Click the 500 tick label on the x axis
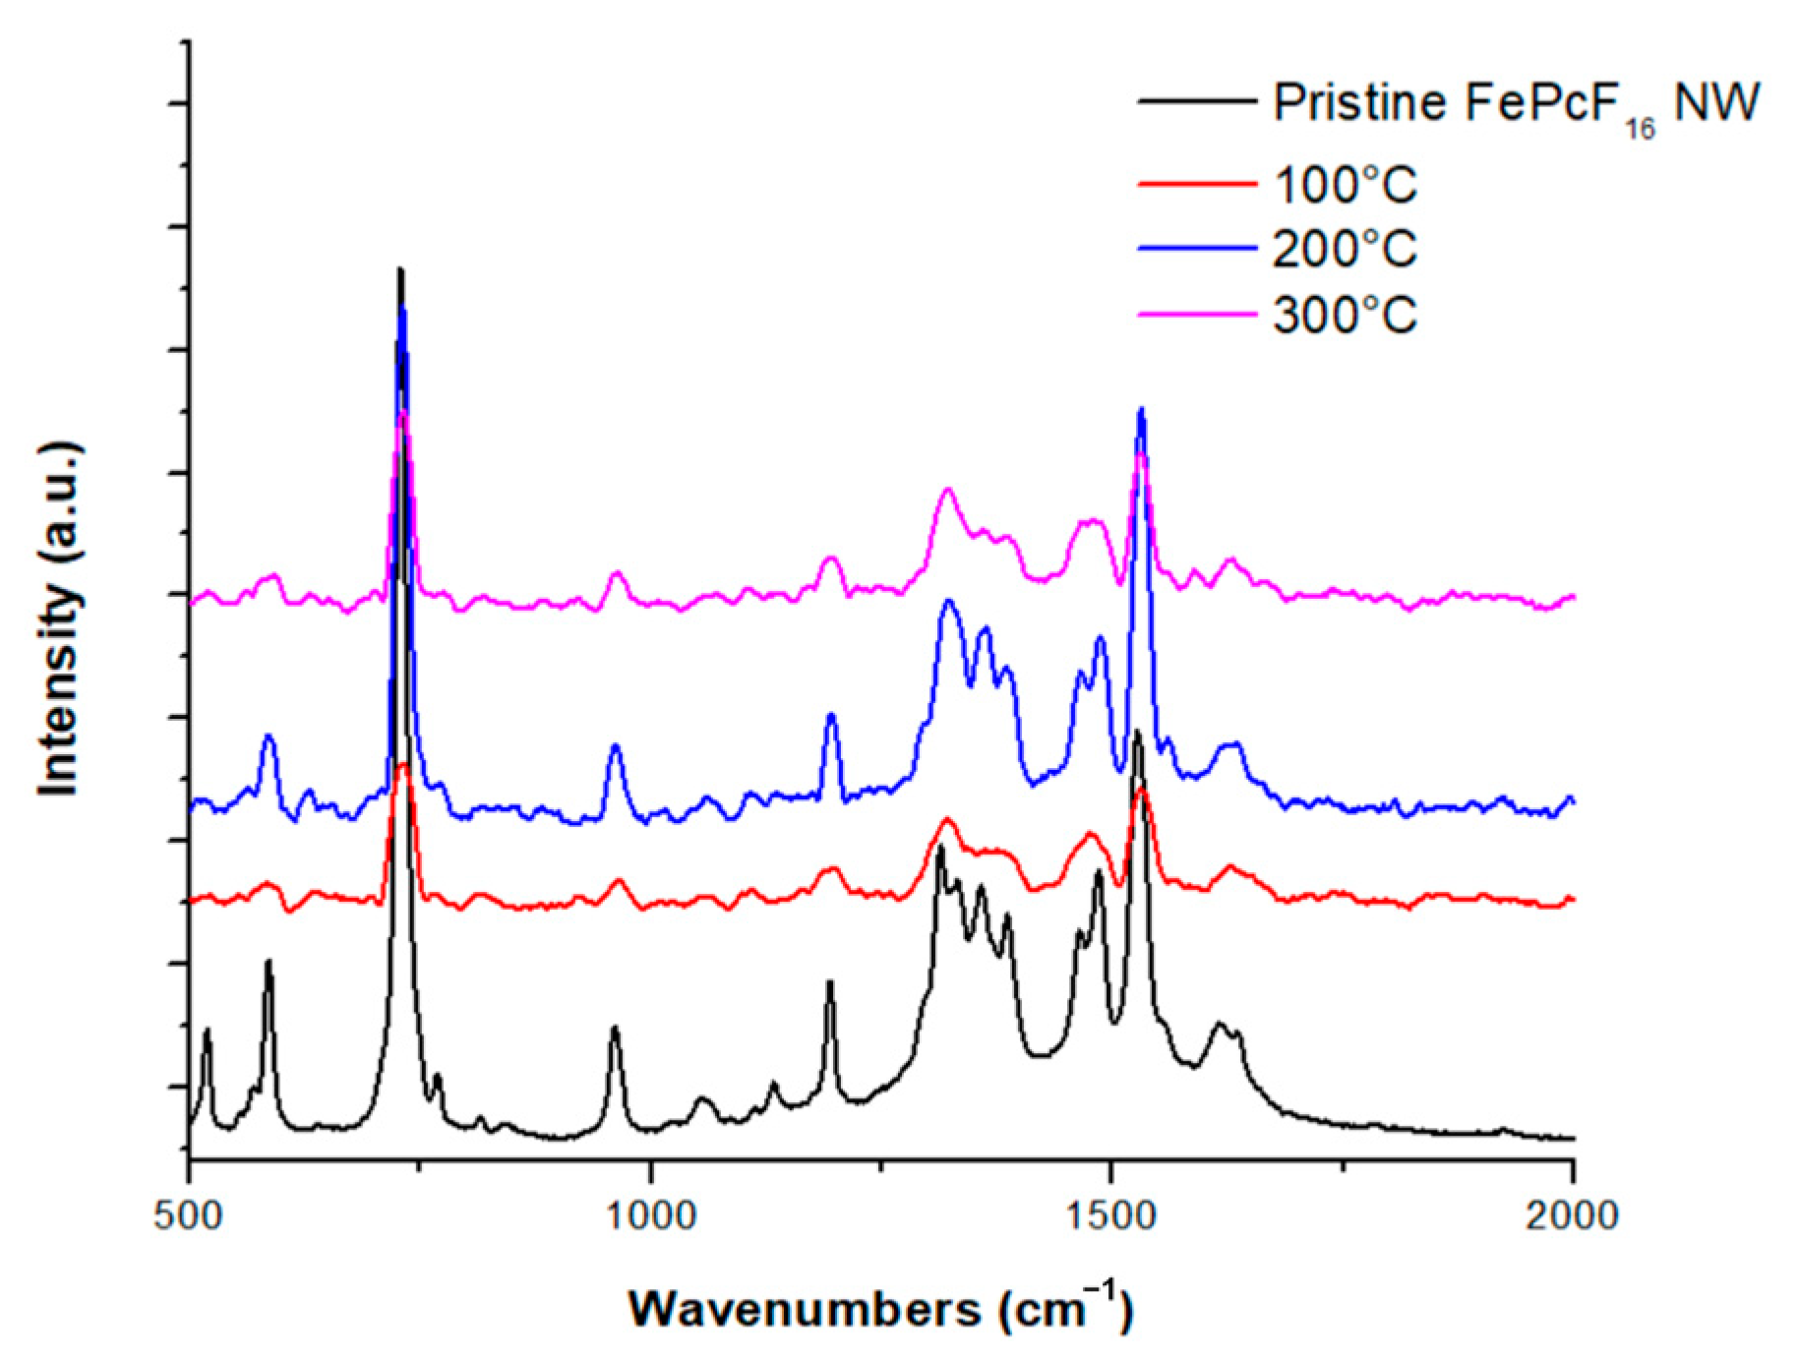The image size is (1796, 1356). tap(188, 1216)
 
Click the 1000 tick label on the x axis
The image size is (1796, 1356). tap(649, 1216)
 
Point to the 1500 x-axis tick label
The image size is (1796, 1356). tap(1111, 1216)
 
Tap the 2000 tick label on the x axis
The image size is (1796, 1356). tap(1572, 1216)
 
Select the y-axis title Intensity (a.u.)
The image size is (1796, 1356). tap(59, 619)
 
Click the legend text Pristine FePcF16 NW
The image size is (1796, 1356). tap(1515, 104)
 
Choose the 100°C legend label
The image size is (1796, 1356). tap(1345, 185)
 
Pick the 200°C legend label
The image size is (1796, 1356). tap(1345, 249)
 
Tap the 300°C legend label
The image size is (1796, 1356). tap(1345, 315)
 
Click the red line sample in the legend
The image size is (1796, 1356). tap(1197, 184)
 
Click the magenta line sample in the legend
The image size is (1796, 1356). tap(1197, 315)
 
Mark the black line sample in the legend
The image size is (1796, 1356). tap(1197, 101)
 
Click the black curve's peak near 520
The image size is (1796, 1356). tap(207, 1030)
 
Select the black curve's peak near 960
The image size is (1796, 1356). tap(615, 1028)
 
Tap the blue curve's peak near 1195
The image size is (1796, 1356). tap(831, 715)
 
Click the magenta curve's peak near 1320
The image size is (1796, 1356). tap(948, 489)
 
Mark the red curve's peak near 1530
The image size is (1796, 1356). tap(1141, 790)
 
